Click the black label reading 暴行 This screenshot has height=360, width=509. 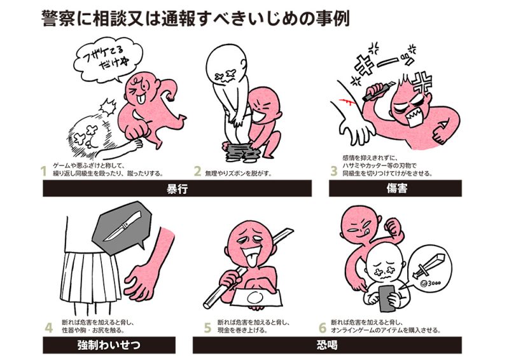pos(178,188)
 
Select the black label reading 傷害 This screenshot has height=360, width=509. pos(395,188)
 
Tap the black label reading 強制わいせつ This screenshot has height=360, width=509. pos(109,345)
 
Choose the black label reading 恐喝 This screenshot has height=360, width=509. pos(327,345)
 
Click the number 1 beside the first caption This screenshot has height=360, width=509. pos(43,171)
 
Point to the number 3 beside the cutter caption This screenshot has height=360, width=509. pos(334,170)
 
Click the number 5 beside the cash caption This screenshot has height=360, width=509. pos(208,328)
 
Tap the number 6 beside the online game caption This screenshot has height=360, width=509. pos(323,328)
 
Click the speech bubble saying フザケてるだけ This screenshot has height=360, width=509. pos(108,60)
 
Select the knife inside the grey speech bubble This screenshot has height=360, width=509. pos(123,226)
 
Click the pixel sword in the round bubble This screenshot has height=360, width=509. pos(427,266)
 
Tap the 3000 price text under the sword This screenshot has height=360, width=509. pos(431,283)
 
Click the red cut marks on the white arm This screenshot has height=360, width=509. pos(346,102)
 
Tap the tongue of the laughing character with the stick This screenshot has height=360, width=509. pos(251,262)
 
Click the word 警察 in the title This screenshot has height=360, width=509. pos(59,18)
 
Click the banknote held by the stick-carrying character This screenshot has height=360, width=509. pos(255,297)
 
